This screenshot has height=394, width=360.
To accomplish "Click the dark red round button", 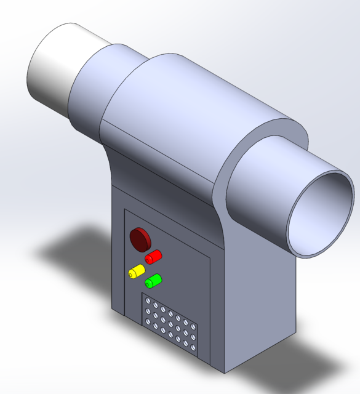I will tap(140, 238).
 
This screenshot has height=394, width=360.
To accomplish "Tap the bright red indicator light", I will tap(153, 255).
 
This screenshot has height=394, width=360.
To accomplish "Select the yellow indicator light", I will tap(135, 271).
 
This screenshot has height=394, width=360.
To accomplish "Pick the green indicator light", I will tap(152, 281).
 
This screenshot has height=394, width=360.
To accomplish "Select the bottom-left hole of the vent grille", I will tap(148, 322).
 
